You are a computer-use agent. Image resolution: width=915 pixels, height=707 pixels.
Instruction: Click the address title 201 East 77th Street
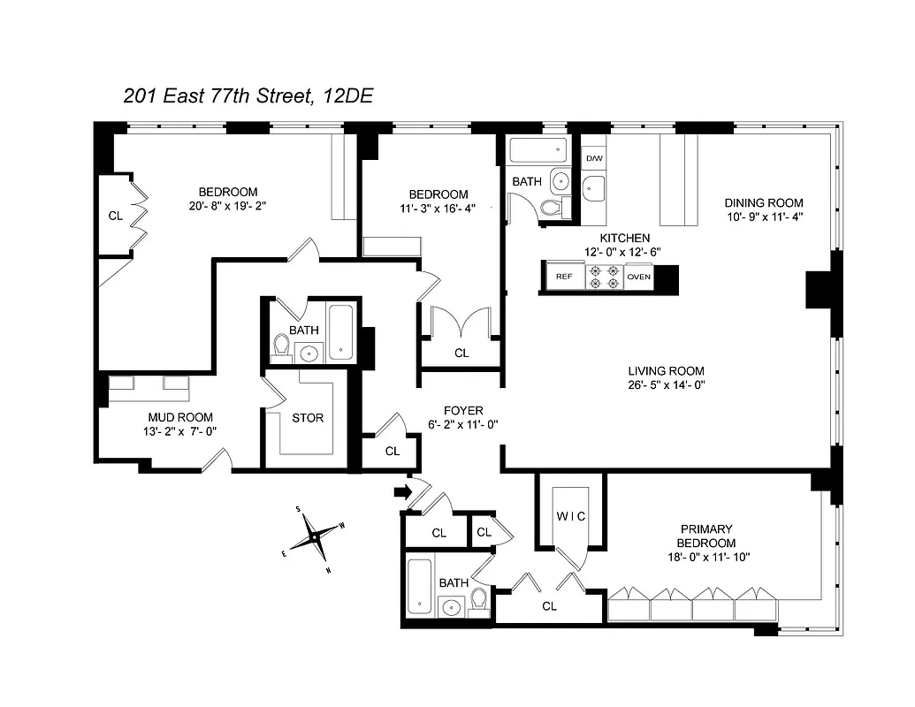point(247,96)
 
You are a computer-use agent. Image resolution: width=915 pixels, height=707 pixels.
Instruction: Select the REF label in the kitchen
point(563,277)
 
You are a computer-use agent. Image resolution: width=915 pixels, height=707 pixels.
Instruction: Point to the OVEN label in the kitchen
point(639,277)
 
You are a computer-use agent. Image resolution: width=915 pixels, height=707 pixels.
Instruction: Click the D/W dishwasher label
point(594,158)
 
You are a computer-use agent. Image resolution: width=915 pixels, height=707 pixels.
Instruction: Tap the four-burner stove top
point(602,277)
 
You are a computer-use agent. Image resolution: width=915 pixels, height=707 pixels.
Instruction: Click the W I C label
point(572,515)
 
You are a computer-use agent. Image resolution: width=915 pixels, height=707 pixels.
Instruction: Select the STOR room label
point(308,418)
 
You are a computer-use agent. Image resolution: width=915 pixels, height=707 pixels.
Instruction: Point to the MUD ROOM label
point(179,417)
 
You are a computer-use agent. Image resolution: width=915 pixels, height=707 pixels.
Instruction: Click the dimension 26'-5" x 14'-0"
point(666,384)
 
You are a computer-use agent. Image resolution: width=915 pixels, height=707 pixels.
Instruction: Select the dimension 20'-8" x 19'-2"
point(227,206)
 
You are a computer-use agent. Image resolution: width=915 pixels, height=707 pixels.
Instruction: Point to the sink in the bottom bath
point(452,606)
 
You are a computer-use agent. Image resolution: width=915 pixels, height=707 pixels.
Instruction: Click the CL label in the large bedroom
point(115,215)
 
